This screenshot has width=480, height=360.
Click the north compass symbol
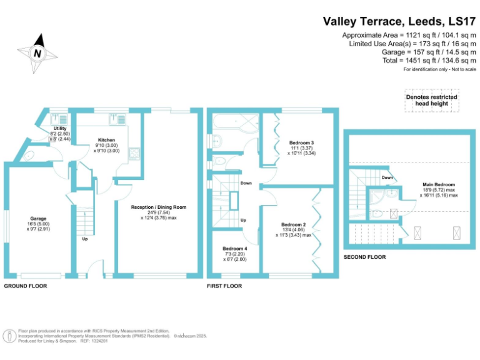[x=38, y=54]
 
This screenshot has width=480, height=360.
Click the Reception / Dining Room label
[x=159, y=207]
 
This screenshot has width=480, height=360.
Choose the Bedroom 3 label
[x=301, y=143]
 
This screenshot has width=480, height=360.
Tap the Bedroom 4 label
[x=235, y=249]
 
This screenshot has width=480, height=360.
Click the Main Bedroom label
[x=439, y=185]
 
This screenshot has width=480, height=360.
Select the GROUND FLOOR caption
[x=26, y=286]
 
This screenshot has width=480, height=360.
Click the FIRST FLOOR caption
[x=224, y=286]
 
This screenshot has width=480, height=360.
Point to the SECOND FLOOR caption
[x=365, y=257]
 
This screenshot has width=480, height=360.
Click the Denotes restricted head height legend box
[x=431, y=100]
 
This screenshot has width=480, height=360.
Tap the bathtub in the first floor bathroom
[x=236, y=121]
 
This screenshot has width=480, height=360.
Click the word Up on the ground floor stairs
[x=84, y=239]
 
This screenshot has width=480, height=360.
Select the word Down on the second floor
[x=387, y=177]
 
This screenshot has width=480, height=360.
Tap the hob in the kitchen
[x=132, y=153]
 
